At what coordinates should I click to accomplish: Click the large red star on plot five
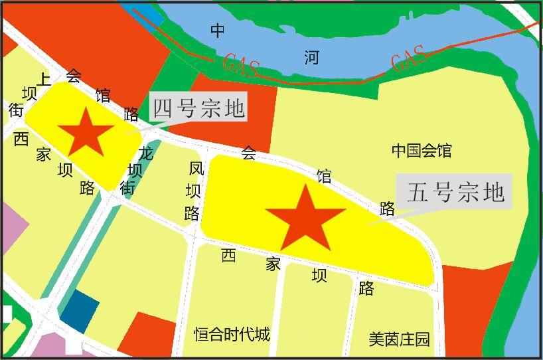tap(305, 217)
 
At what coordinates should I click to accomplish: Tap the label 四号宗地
tap(198, 108)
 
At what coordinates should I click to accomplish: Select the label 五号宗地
tap(455, 192)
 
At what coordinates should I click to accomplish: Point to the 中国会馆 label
tap(422, 151)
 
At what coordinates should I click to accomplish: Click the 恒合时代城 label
tap(232, 333)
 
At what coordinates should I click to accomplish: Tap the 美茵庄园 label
tap(400, 339)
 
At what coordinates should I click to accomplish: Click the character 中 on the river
tap(218, 31)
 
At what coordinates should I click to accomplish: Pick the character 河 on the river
tap(311, 57)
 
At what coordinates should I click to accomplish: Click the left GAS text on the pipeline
tap(240, 64)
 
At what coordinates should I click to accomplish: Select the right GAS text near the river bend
tap(408, 58)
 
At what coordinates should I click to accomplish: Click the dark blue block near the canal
tap(78, 312)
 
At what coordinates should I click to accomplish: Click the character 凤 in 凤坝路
tap(196, 169)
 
